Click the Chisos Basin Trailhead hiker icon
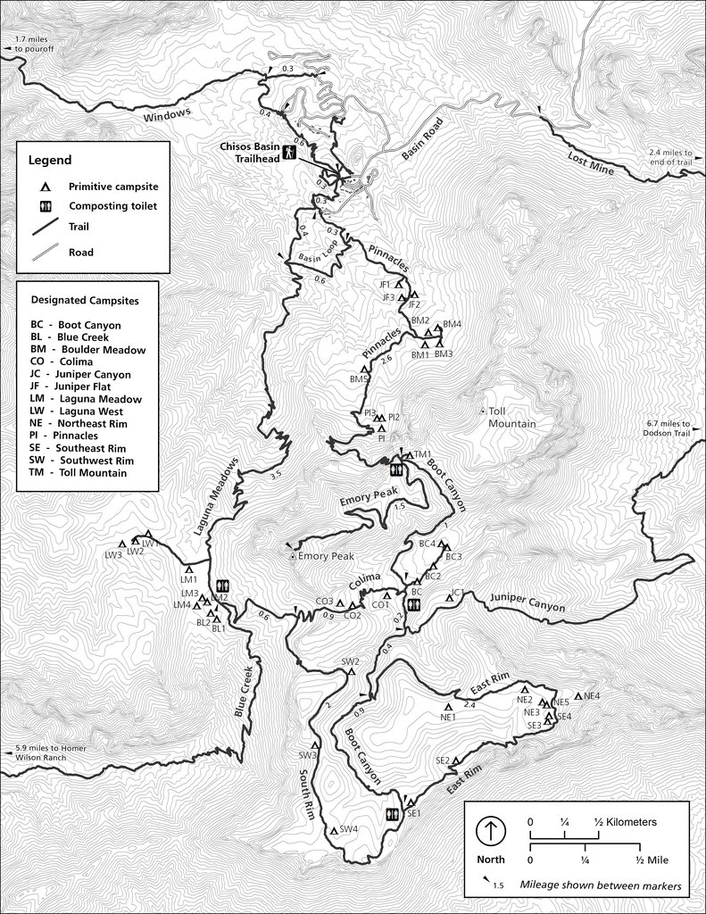coord(289,153)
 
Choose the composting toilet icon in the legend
coord(44,206)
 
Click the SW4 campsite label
coord(348,828)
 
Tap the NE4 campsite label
coord(591,695)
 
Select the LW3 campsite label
coord(113,555)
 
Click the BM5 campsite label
coord(359,379)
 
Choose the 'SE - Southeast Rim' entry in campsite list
coord(77,448)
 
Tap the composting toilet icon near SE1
coord(391,815)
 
